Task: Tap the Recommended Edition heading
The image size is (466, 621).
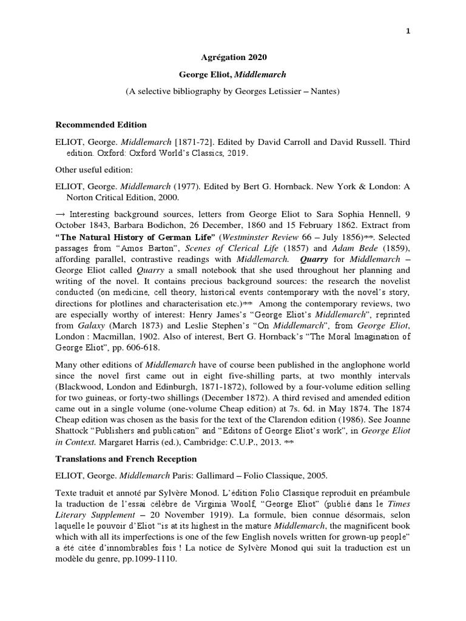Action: (x=101, y=125)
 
